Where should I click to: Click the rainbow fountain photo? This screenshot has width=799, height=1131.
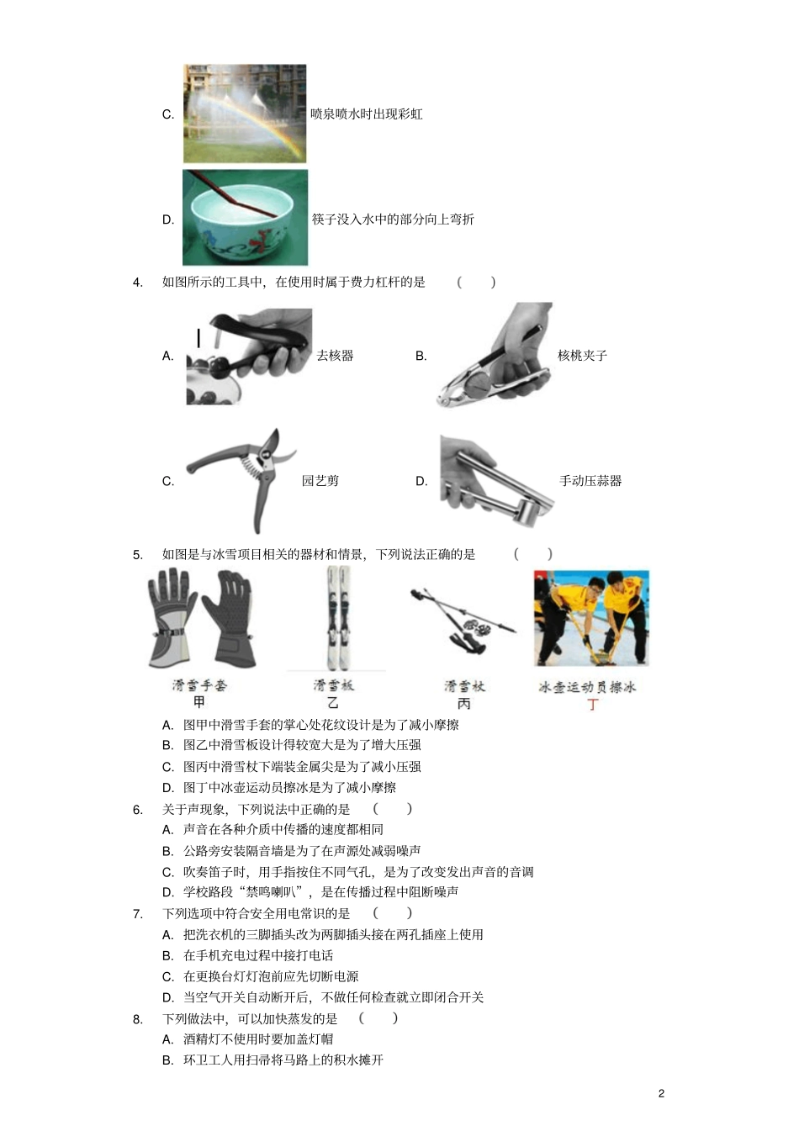point(245,114)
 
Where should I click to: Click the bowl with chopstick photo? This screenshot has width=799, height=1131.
point(245,218)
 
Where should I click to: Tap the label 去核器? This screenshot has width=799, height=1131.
point(335,356)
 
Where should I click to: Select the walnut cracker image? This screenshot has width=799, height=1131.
point(495,355)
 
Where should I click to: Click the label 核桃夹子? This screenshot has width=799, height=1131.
point(582,356)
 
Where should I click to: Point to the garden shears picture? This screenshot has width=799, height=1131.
point(241,478)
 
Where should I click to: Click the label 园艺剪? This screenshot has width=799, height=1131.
point(320,481)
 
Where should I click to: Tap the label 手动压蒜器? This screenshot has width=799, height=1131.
point(590,481)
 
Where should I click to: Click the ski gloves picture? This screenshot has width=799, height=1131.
point(201,619)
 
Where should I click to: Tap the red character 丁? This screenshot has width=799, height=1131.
point(592,704)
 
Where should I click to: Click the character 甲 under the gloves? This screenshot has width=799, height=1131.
point(199,702)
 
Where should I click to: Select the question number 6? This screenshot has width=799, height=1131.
point(138,809)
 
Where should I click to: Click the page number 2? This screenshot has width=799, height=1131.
point(661,1093)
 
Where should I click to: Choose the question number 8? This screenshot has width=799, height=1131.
point(138,1018)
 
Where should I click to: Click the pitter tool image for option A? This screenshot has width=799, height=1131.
point(249,356)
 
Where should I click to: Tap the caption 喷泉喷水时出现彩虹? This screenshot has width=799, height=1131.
point(367,114)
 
